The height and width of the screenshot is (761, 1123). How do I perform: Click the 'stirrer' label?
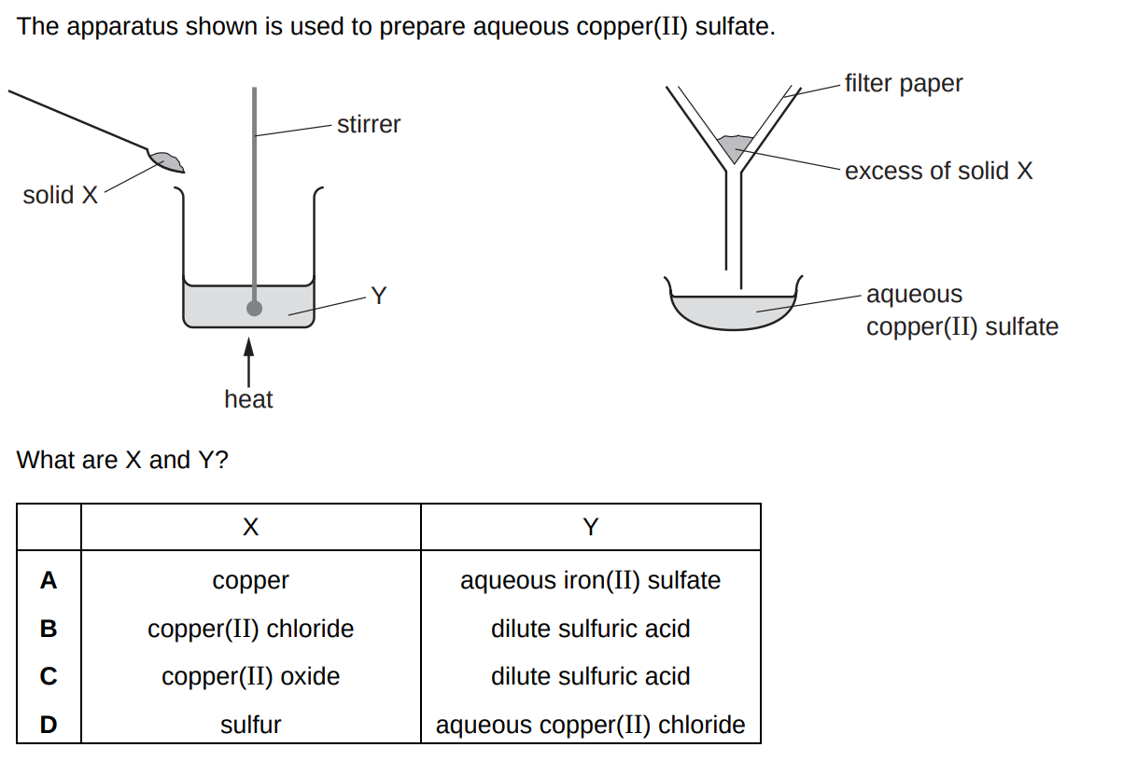pos(368,124)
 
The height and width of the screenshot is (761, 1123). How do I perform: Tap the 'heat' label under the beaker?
pos(248,399)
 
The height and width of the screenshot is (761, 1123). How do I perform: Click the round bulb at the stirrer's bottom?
pos(254,308)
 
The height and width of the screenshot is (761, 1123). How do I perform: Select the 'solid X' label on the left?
pos(60,195)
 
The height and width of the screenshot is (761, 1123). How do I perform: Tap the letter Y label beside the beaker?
pos(378,297)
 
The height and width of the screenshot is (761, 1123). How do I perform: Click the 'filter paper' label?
pos(903,83)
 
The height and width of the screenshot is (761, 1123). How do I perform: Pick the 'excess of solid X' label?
pos(938,171)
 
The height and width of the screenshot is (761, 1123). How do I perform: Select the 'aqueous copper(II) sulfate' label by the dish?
pos(962,311)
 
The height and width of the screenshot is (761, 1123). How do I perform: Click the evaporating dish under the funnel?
pos(733,311)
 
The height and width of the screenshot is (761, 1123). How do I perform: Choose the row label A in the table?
pos(49,580)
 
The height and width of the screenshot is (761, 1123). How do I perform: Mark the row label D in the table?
pos(49,725)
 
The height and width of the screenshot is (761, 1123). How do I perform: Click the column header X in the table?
pos(250,528)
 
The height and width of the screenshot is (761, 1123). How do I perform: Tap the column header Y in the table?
pos(590,528)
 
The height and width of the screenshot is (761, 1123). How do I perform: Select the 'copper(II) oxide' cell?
pos(250,676)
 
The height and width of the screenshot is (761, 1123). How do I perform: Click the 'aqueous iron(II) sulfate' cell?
pos(590,580)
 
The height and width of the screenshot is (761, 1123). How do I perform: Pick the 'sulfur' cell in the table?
pos(250,725)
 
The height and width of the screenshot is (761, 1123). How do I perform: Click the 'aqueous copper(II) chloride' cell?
pos(590,725)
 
